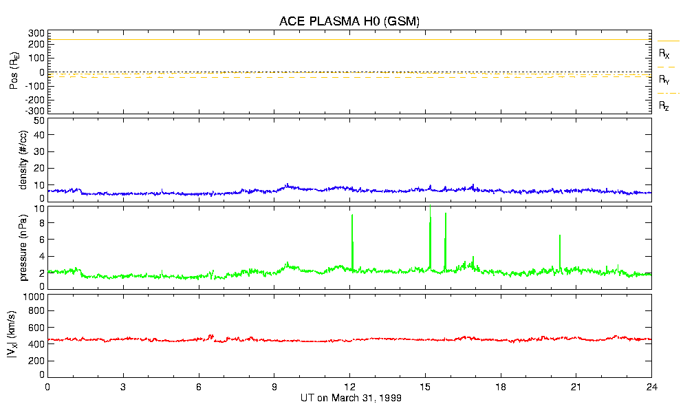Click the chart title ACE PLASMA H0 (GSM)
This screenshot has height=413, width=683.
click(x=349, y=21)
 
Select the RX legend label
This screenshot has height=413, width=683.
click(x=664, y=53)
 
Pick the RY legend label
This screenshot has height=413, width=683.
click(x=664, y=80)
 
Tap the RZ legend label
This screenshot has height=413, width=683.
click(x=664, y=106)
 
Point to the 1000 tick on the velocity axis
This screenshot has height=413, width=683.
click(x=34, y=297)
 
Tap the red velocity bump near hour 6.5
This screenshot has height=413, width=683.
click(x=211, y=336)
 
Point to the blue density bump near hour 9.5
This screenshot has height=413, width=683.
click(x=288, y=185)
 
